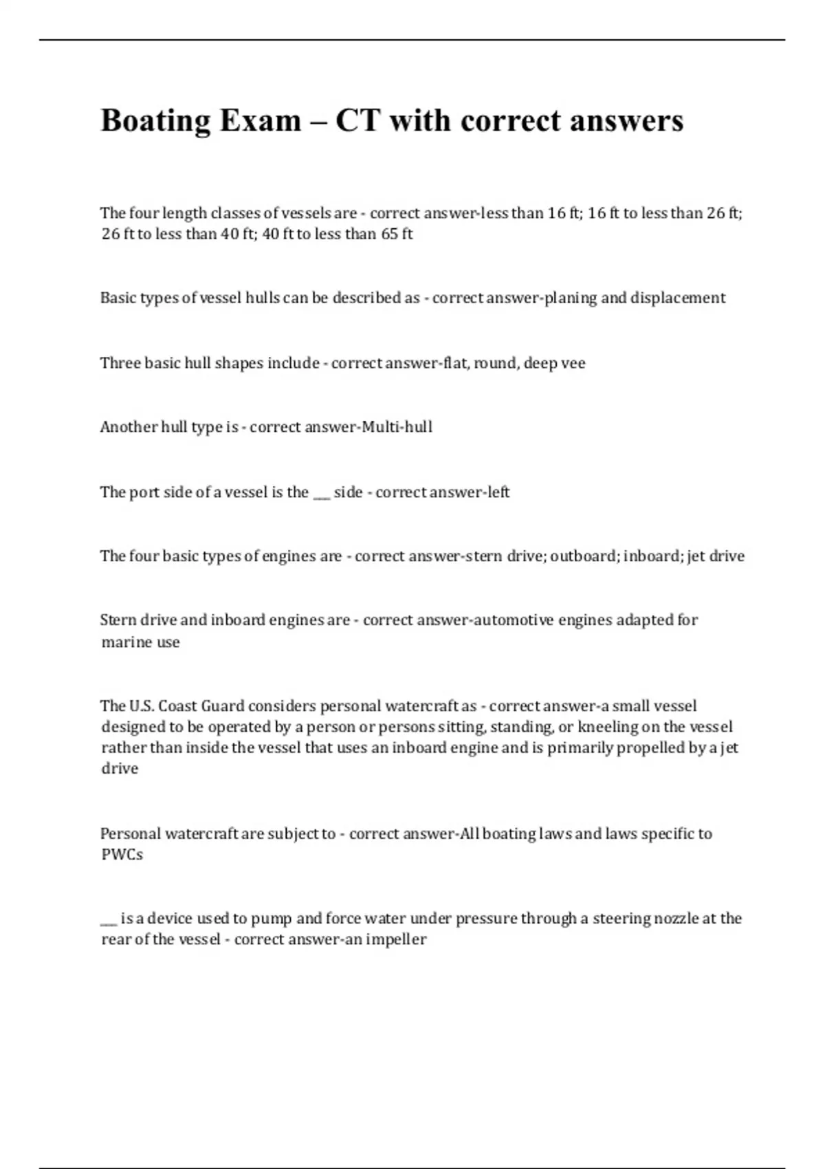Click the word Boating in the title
pos(155,122)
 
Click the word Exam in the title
pos(261,122)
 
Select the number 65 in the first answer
pos(389,234)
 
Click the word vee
pos(573,363)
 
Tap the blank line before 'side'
pos(321,492)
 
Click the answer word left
pos(497,492)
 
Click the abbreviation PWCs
pos(122,855)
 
